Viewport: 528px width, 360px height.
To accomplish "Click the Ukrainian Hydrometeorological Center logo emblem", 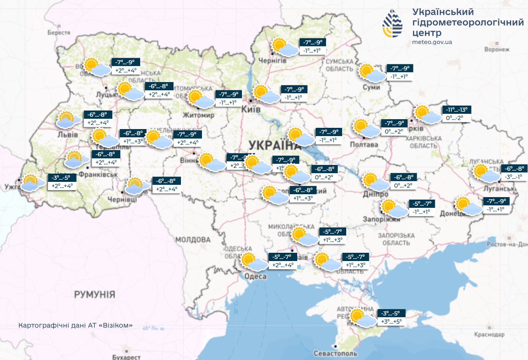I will coord(394,24).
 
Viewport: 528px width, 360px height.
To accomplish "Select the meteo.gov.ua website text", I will coord(432,42).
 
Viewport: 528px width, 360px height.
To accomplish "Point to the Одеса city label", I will coord(255,276).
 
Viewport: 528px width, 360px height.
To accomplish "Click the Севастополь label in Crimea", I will coord(336,353).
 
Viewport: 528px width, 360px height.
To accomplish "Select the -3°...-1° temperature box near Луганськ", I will coord(513,176).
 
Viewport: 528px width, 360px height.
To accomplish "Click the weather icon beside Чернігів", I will coord(284,47).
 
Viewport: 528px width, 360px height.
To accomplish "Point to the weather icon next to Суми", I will coord(371,73).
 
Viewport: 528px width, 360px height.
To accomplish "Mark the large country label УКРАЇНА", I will coord(270,146).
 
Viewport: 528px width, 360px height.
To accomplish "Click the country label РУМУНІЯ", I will coord(94,294).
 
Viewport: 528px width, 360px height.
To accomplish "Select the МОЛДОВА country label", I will coord(192,240).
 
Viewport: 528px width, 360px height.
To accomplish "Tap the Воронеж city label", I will coord(497,49).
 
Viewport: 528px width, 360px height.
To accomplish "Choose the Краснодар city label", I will coord(489,334).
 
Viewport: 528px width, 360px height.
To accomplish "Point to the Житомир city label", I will coord(199,115).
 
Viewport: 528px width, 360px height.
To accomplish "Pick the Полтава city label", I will coord(364,145).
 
